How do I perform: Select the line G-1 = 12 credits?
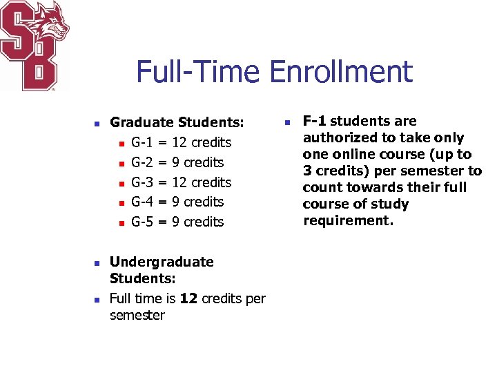[x=181, y=142]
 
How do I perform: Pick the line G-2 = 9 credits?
[x=177, y=162]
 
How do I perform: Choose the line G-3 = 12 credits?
[x=181, y=182]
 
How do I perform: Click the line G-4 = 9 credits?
[x=177, y=202]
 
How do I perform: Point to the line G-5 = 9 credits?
[x=177, y=222]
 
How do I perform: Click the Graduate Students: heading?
[x=177, y=122]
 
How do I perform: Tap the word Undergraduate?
[x=162, y=262]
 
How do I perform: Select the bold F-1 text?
[x=317, y=121]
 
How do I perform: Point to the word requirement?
[x=347, y=220]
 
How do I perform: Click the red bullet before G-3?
[x=120, y=183]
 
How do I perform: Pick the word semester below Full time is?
[x=137, y=315]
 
